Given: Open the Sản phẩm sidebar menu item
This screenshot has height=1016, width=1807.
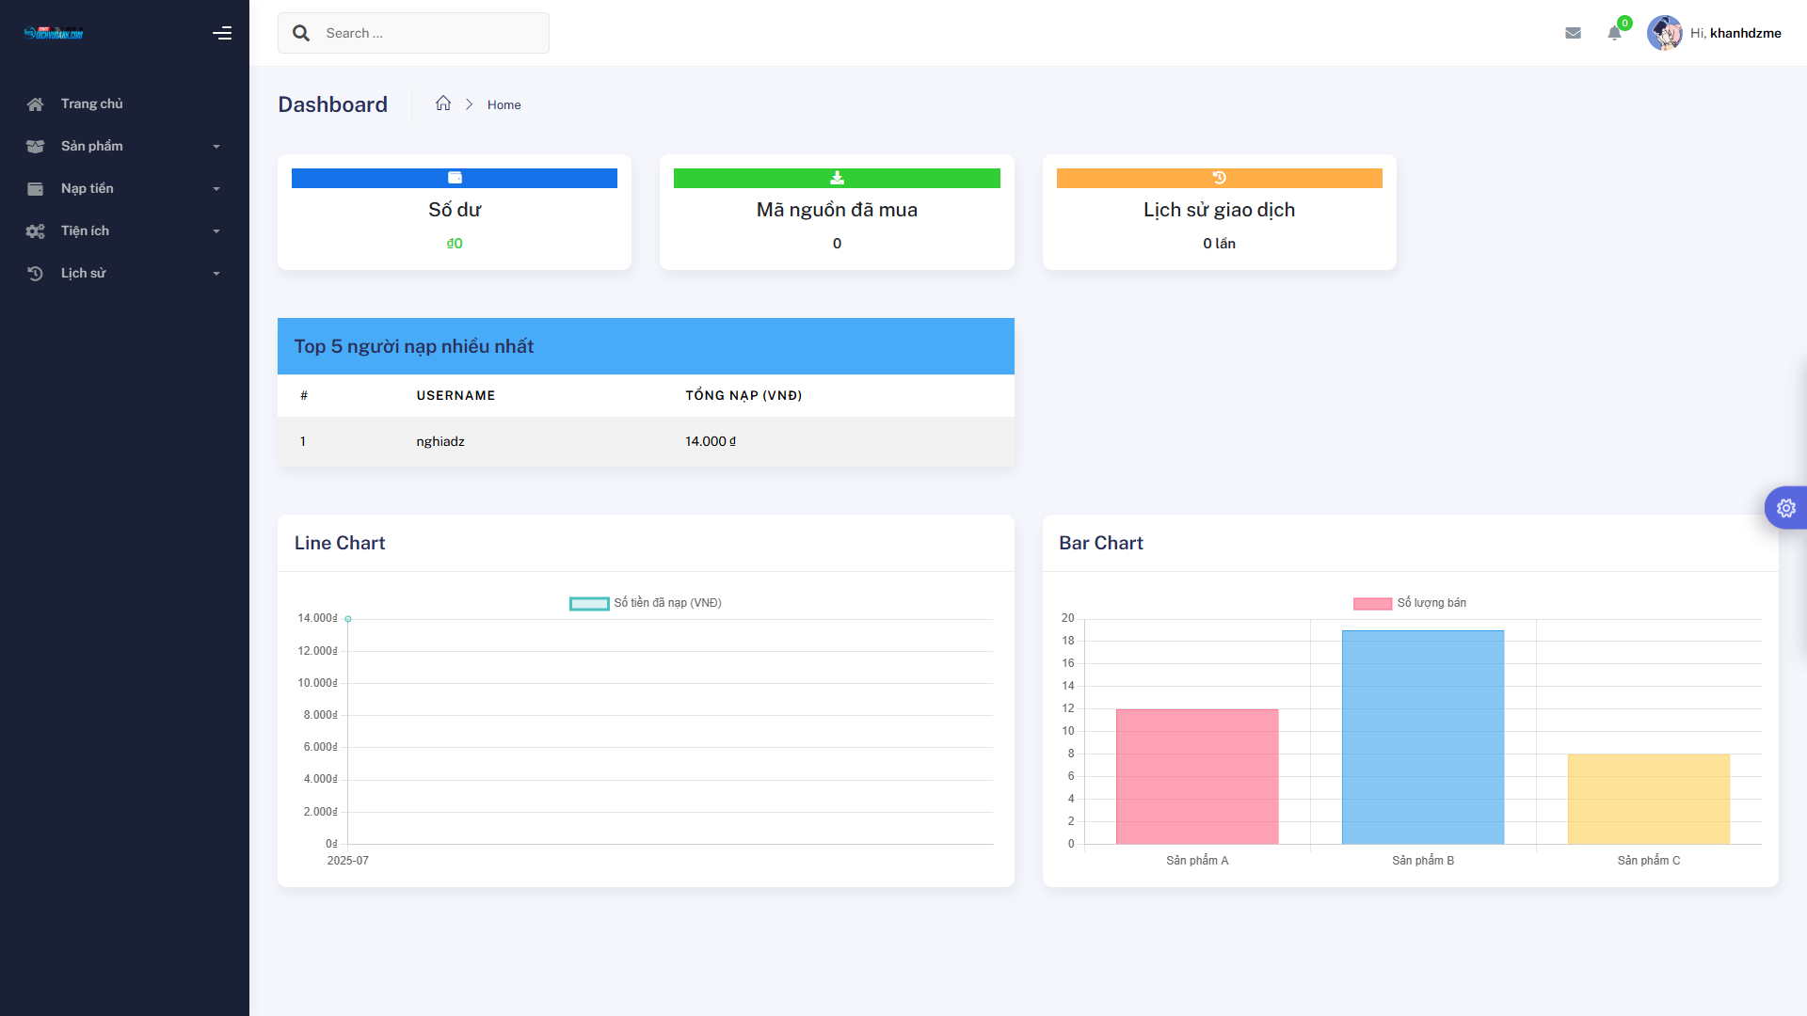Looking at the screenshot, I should [x=92, y=146].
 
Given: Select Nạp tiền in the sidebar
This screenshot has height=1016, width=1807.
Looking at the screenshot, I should [x=88, y=188].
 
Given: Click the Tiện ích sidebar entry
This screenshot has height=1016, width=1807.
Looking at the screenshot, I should [x=85, y=230].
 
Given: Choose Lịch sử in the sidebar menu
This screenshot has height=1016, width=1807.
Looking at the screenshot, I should [x=84, y=273].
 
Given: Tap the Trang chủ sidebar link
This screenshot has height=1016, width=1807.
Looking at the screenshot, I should [x=91, y=103].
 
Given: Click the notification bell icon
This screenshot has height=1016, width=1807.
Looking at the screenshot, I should [x=1614, y=34].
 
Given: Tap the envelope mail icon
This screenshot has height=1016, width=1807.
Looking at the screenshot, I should [x=1573, y=33].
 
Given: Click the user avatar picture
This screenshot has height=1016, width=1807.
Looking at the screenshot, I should [x=1664, y=33].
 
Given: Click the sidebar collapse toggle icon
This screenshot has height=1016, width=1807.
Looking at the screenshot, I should [x=222, y=33].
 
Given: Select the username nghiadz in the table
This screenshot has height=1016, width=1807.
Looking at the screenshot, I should [x=440, y=441].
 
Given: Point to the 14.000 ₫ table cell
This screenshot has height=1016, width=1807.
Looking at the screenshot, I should [x=711, y=441].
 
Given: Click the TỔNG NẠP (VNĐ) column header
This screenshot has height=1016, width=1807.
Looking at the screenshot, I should [x=744, y=395].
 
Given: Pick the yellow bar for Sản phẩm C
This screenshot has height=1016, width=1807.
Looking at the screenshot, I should [x=1648, y=799].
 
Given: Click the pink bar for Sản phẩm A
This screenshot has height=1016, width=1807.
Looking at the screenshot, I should [x=1196, y=776].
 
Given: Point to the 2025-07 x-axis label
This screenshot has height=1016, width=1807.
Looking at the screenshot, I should [x=347, y=861].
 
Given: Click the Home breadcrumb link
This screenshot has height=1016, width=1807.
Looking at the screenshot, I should [x=504, y=104].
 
